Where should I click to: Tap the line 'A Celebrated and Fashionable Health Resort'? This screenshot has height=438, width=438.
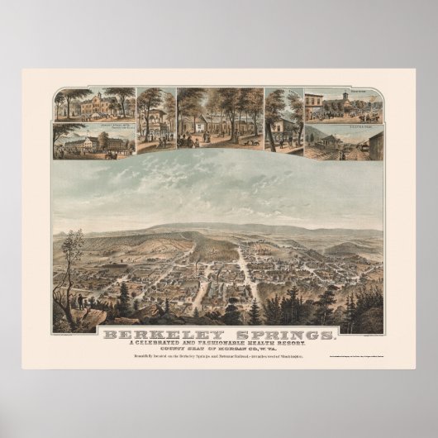[x=220, y=346]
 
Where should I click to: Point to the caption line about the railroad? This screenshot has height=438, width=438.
[x=219, y=364]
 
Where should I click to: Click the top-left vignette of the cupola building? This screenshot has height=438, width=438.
[x=94, y=103]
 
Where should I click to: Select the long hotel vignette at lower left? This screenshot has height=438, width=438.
[x=93, y=142]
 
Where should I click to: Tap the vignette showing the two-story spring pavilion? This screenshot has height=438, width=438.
[x=155, y=121]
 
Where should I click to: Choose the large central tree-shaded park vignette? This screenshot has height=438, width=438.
[x=219, y=121]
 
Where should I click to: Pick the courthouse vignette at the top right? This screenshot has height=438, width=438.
[x=343, y=104]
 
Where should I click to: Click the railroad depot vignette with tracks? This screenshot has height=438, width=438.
[x=343, y=142]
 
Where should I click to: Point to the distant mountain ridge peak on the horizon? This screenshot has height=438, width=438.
[x=198, y=224]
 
